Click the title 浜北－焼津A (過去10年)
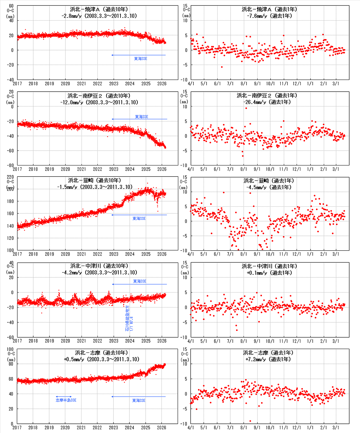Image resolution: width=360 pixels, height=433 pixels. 99,9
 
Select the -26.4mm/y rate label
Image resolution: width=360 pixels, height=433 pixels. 267,102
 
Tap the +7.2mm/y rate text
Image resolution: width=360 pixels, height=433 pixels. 268,359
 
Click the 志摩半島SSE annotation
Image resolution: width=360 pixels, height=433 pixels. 66,400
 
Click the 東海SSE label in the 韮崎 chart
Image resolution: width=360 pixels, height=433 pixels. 139,218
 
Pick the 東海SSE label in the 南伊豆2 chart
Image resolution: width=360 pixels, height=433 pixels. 141,117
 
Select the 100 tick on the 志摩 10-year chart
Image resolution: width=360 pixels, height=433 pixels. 10,349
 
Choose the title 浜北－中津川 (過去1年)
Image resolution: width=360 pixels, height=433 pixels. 269,266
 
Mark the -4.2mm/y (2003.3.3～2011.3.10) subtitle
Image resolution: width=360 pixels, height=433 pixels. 99,272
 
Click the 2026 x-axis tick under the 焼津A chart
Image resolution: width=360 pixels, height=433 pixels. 162,83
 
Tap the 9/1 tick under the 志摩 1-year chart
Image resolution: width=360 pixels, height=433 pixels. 257,427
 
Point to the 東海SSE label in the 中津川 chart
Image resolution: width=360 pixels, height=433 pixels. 140,281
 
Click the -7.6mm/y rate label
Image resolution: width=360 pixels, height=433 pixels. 269,16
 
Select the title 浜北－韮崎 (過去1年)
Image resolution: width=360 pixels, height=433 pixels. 269,181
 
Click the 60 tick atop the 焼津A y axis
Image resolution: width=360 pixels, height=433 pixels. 11,6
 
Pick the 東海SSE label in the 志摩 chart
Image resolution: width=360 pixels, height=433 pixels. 139,400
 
